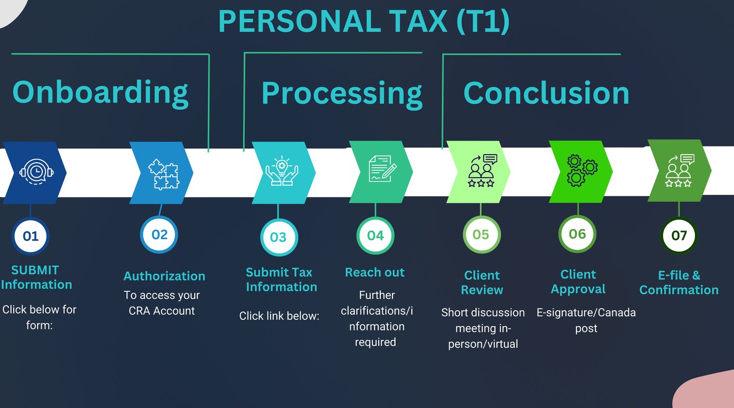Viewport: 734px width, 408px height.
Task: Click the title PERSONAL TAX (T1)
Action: click(x=363, y=21)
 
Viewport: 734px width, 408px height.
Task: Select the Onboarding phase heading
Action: click(x=100, y=93)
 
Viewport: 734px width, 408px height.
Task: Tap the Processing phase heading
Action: click(x=342, y=94)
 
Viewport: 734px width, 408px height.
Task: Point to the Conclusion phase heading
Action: click(x=546, y=93)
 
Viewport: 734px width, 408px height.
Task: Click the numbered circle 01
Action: click(x=31, y=236)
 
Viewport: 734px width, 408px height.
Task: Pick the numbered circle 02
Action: click(x=160, y=235)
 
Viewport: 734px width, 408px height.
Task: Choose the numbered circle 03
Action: click(x=278, y=237)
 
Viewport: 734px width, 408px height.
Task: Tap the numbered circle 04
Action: click(x=375, y=235)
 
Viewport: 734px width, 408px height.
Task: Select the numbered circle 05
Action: click(x=481, y=235)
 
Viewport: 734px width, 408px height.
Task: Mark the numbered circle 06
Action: click(x=578, y=234)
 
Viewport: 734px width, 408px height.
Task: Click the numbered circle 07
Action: click(x=679, y=236)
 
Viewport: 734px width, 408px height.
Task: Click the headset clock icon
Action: click(x=36, y=172)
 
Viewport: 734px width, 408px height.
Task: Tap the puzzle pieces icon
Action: click(x=163, y=173)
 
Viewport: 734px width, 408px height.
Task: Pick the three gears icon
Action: click(x=582, y=170)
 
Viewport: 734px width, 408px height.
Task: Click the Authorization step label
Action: click(x=164, y=276)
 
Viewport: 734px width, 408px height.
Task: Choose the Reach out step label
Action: click(x=375, y=272)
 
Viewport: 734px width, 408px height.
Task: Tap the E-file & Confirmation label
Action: click(x=679, y=283)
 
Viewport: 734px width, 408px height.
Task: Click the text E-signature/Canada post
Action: click(x=586, y=320)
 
